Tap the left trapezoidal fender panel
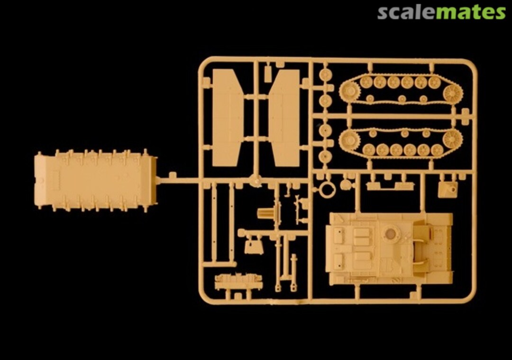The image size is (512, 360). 228,118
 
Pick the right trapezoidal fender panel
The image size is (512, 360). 284,118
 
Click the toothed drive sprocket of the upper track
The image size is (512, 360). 349,91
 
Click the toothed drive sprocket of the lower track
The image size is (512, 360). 349,140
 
